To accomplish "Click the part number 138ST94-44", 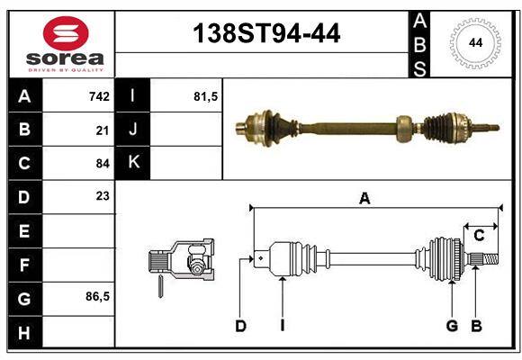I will pos(267,34).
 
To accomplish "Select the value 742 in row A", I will pos(99,96).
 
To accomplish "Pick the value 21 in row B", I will pos(103,130).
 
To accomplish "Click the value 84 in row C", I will pos(103,163).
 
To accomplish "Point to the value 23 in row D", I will pos(103,196).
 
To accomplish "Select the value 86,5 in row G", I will pos(97,296).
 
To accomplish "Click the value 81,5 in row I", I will pos(206,96).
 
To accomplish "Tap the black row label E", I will pos(24,231).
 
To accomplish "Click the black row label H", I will pos(24,332).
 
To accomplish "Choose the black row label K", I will pos(133,163).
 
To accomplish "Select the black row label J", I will pos(133,130).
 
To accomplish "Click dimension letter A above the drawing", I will pos(364,199).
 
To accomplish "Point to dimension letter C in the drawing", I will pos(479,235).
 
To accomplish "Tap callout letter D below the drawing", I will pos(240,326).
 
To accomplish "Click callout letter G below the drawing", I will pos(452,326).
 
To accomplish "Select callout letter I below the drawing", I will pos(282,326).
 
